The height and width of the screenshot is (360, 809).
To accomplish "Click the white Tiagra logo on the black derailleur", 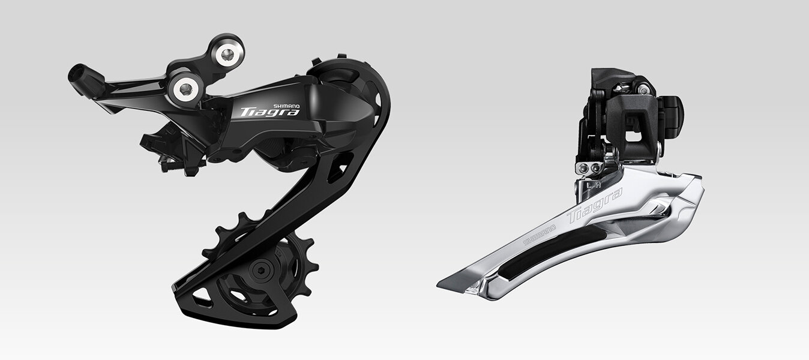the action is pos(270,112).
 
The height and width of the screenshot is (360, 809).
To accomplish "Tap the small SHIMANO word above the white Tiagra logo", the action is pos(286,106).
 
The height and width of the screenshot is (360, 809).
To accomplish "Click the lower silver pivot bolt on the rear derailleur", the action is pos(185,89).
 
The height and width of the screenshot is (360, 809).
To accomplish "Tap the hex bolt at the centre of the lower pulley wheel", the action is pos(260,271).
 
